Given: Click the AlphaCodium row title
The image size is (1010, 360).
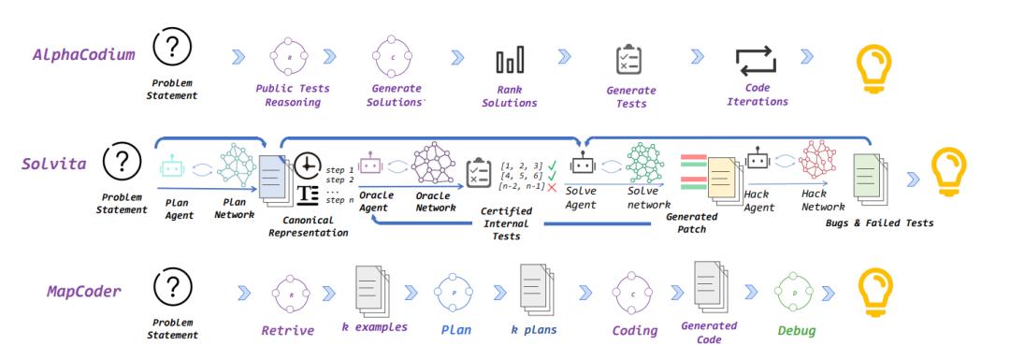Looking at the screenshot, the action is pos(84,55).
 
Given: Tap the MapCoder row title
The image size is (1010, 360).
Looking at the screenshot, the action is pos(84,291).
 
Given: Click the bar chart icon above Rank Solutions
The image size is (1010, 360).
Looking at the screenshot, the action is pos(510,59).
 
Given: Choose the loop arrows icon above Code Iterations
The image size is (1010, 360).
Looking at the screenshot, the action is pos(757,61).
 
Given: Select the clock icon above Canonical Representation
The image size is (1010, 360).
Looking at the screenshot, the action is pos(309,166).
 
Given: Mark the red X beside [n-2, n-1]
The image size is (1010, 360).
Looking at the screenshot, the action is pos(552,187).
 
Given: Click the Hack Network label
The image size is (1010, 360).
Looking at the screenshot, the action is pos(823,200).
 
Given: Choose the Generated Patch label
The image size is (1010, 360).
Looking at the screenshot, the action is pos(692,223).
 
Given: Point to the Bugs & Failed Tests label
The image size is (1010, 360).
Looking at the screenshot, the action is pos(879,223).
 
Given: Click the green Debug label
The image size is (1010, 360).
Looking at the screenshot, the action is pos(796,331).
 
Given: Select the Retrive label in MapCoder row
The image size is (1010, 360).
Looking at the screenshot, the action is pos(287,330).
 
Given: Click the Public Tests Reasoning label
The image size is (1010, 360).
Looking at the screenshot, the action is pos(293,95).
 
